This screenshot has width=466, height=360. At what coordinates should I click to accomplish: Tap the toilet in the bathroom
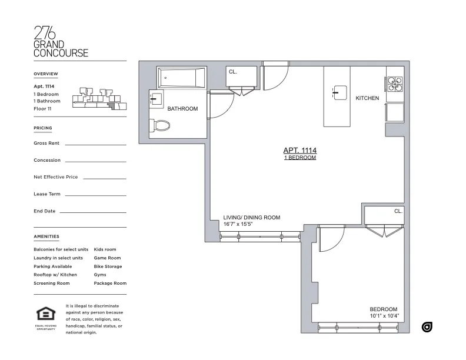pyautogui.click(x=159, y=125)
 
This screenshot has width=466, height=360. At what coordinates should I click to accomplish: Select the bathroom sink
pyautogui.click(x=156, y=99)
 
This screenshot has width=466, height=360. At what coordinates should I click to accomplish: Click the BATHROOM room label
pyautogui.click(x=182, y=109)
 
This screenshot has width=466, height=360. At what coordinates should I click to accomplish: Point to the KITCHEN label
pyautogui.click(x=367, y=98)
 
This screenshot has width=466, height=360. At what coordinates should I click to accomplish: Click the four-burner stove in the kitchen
pyautogui.click(x=395, y=85)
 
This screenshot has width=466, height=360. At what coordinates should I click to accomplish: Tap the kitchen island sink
pyautogui.click(x=340, y=92)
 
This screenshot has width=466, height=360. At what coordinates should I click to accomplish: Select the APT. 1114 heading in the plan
pyautogui.click(x=300, y=151)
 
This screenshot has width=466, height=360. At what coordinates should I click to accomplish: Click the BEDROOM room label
pyautogui.click(x=383, y=309)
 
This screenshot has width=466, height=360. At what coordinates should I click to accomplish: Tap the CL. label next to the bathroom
pyautogui.click(x=232, y=72)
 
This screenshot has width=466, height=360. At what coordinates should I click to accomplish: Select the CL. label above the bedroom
pyautogui.click(x=398, y=211)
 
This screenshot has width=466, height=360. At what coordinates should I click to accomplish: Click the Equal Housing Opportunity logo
pyautogui.click(x=45, y=317)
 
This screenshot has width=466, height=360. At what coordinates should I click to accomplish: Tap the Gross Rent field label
pyautogui.click(x=46, y=143)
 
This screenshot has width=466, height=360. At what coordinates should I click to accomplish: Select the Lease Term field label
pyautogui.click(x=48, y=194)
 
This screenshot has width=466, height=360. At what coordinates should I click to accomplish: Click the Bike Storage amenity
pyautogui.click(x=108, y=266)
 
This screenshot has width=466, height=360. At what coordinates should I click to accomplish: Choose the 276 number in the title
pyautogui.click(x=45, y=33)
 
